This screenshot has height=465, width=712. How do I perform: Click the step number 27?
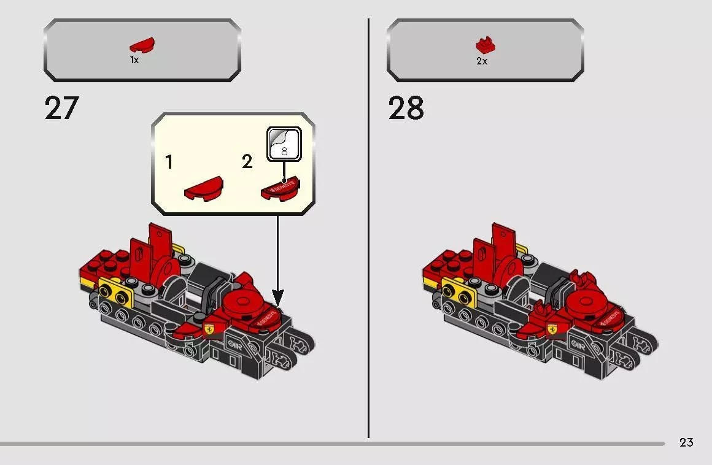point(62,109)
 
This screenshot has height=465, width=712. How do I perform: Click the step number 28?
point(406,109)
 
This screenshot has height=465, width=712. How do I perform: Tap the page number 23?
point(686,442)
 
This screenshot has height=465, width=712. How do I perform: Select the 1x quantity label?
point(134,61)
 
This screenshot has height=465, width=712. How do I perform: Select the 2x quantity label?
point(482,61)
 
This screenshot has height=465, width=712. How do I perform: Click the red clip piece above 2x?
point(485,46)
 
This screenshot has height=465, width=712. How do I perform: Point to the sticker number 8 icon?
point(283,145)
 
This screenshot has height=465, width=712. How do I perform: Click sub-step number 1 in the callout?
point(169,163)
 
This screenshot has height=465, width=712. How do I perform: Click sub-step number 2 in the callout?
point(247,163)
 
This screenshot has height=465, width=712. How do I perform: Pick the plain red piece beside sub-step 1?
point(204,188)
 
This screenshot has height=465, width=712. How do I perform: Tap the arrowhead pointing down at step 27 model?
point(277,300)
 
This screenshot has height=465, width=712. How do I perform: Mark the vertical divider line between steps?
point(369,227)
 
